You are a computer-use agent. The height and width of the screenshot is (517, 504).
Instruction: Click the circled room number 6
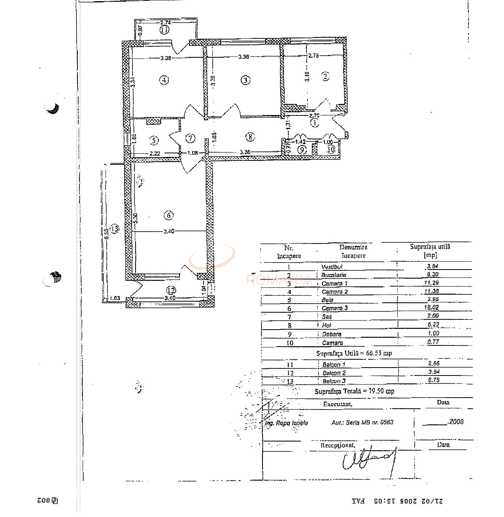[168, 215]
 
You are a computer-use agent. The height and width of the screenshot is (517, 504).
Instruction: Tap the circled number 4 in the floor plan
[164, 80]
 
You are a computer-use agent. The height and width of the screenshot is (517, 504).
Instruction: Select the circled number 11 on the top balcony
[164, 30]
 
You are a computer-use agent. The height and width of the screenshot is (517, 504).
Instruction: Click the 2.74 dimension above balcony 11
[166, 23]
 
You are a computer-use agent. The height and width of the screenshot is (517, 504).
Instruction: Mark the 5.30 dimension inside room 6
[135, 218]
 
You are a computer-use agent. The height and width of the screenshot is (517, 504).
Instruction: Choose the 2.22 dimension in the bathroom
[155, 153]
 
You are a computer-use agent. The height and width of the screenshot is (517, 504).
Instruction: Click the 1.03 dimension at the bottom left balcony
[115, 298]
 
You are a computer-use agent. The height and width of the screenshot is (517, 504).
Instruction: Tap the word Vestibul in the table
[332, 267]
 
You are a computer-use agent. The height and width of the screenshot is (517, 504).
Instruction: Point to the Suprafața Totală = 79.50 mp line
[354, 391]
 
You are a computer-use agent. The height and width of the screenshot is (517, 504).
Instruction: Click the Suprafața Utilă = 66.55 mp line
[354, 353]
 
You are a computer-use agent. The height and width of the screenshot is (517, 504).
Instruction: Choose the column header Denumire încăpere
[353, 251]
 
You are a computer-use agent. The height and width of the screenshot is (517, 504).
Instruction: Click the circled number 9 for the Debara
[302, 150]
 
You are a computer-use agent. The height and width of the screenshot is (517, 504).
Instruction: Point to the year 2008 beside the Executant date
[456, 422]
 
